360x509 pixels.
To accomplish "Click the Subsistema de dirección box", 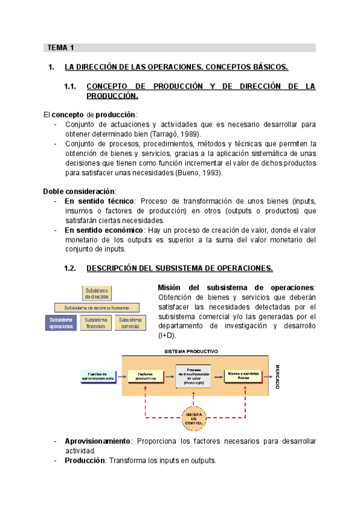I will [x=97, y=293].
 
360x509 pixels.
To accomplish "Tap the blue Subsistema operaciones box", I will [x=61, y=323].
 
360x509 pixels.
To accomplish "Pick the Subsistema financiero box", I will [x=95, y=323].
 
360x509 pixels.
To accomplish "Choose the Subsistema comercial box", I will [x=130, y=323].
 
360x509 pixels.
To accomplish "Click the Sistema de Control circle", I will [x=194, y=417].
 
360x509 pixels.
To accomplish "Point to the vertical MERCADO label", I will [x=278, y=375].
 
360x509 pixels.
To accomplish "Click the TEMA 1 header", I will [x=61, y=47].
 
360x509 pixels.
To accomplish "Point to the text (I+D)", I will [x=168, y=336].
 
